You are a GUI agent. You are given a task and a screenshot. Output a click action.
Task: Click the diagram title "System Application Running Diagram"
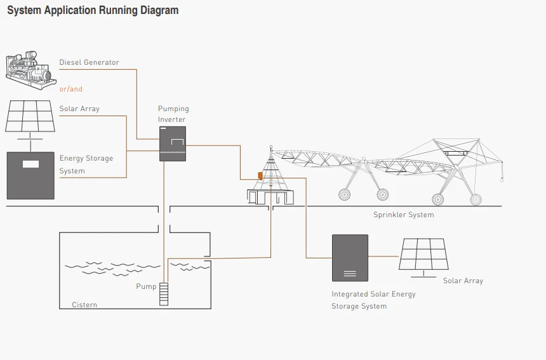pos(93,11)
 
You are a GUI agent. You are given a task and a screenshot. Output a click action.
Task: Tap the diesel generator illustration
pos(29,68)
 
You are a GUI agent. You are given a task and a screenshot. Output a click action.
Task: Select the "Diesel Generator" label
pos(89,62)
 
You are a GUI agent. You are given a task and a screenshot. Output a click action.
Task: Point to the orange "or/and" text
pos(71,89)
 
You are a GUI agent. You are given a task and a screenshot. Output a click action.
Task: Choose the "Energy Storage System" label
pos(86,164)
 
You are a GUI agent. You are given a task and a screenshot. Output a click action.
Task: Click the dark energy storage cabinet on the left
pos(30,175)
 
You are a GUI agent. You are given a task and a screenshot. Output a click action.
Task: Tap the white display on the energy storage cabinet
pos(30,164)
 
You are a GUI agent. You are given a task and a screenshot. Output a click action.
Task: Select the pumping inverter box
pos(172,143)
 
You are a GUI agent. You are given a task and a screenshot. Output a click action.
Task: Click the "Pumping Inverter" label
pos(173,114)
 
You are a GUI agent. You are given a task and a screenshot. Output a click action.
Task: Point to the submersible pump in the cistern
pos(164,293)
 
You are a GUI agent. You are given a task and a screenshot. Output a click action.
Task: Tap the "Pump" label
pos(146,286)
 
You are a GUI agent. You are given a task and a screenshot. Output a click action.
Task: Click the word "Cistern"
pos(84,305)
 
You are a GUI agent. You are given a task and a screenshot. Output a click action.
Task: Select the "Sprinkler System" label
pos(403,215)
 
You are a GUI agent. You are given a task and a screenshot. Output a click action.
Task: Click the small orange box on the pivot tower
pos(260,176)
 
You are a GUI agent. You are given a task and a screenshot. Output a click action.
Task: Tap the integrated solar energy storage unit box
pos(350,258)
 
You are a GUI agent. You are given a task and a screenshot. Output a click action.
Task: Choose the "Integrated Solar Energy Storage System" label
pos(373,300)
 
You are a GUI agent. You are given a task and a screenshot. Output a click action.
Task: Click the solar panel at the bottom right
pos(423,255)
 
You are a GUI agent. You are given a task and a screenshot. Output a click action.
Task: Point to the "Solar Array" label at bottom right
pos(463,281)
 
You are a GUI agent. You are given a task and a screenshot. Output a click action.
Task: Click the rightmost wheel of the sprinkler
pos(476,199)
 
